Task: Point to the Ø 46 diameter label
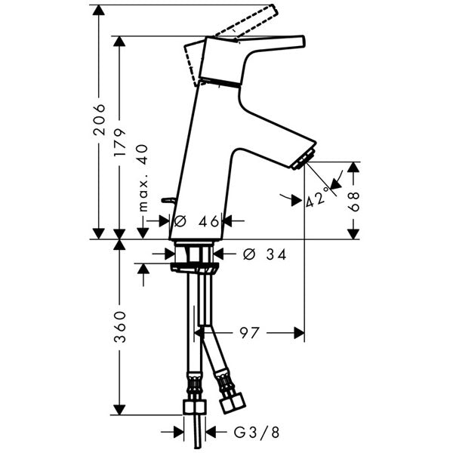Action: click(196, 221)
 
